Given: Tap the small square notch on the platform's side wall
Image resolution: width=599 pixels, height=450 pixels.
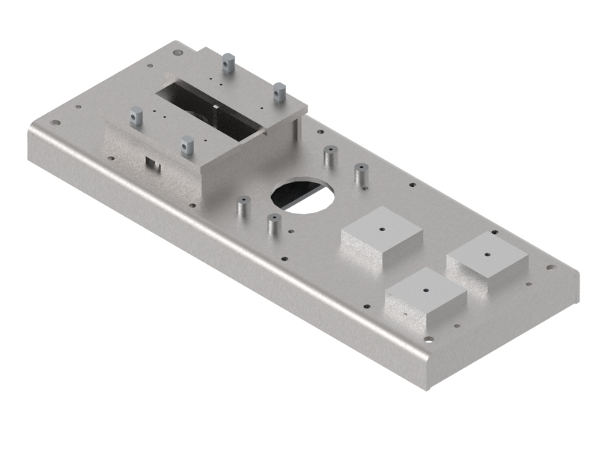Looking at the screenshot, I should (152, 163).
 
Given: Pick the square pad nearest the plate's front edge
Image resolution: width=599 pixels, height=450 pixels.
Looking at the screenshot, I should (425, 298).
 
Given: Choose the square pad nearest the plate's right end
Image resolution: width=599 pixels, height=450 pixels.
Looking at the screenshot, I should (488, 256).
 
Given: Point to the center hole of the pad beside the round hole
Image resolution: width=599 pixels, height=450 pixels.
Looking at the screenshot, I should (381, 228).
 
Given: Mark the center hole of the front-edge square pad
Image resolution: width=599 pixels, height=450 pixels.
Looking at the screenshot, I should (425, 290).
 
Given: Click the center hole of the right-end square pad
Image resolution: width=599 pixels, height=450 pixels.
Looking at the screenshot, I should (487, 253).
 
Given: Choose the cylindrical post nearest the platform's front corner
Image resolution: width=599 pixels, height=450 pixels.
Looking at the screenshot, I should (242, 206).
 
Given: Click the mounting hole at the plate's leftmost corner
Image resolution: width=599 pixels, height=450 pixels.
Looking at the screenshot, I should (52, 124).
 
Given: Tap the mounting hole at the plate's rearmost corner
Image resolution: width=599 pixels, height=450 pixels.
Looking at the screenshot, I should (178, 52).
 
